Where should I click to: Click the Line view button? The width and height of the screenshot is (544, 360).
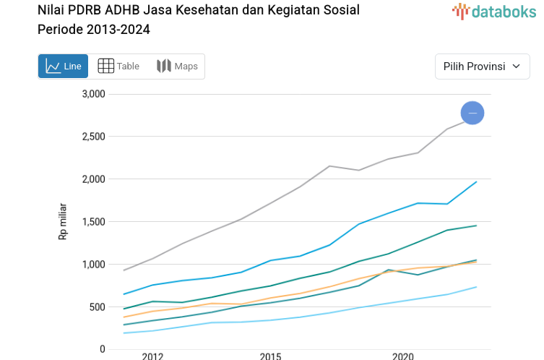(x=63, y=67)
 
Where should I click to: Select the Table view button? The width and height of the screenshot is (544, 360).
(x=118, y=67)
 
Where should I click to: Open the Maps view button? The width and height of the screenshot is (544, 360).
(x=177, y=67)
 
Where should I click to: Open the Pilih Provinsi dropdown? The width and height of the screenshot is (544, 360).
(x=482, y=67)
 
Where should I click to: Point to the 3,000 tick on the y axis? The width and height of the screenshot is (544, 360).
(x=93, y=94)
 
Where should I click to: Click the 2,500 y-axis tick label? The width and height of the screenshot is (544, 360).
(x=93, y=137)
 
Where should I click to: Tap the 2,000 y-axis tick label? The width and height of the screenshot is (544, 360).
(x=93, y=179)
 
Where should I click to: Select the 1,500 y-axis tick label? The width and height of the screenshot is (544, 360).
(x=93, y=222)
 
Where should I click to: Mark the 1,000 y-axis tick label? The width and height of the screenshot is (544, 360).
(x=93, y=265)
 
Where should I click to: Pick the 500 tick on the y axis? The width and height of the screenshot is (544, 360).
(x=97, y=307)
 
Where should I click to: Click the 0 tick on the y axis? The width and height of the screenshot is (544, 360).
(x=103, y=350)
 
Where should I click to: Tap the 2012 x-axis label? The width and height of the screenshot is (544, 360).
(x=152, y=356)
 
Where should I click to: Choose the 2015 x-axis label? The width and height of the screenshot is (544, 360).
(x=271, y=356)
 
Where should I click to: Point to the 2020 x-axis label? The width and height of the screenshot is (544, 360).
(x=403, y=356)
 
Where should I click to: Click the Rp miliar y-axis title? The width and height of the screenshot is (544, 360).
(x=63, y=221)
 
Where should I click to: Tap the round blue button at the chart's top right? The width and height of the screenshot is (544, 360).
(x=472, y=113)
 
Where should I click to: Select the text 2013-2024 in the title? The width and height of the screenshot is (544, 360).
(x=118, y=30)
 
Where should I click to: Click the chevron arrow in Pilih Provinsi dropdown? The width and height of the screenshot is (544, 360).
(x=516, y=67)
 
